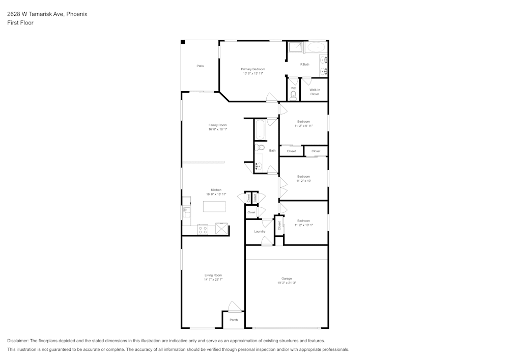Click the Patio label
click(x=200, y=66)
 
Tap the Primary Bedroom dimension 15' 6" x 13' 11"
click(x=252, y=73)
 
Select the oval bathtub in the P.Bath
click(x=316, y=47)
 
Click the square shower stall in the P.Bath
click(x=296, y=47)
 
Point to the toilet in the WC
click(x=293, y=95)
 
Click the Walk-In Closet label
click(x=315, y=92)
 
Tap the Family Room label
click(x=217, y=125)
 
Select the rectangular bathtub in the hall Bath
click(x=260, y=130)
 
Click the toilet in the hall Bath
click(x=260, y=148)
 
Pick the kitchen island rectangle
click(x=214, y=206)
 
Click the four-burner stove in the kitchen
click(x=203, y=229)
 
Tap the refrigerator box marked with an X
click(x=222, y=229)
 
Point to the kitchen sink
click(x=186, y=211)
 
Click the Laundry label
click(x=260, y=231)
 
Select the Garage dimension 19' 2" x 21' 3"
click(x=287, y=283)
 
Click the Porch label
click(x=234, y=320)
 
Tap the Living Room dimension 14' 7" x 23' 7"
click(x=213, y=280)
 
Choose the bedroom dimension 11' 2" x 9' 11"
click(x=303, y=126)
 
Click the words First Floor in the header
click(x=20, y=23)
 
